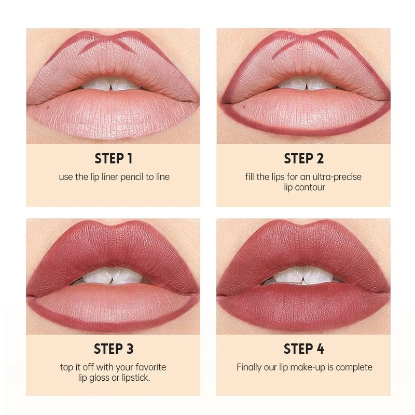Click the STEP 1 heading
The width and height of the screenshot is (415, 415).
click(x=113, y=158)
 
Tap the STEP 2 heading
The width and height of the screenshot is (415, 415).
click(x=303, y=158)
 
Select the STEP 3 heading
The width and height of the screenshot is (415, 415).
click(x=113, y=349)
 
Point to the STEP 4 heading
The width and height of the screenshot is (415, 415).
click(x=303, y=349)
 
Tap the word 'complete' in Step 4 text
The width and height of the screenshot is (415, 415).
click(x=354, y=367)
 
